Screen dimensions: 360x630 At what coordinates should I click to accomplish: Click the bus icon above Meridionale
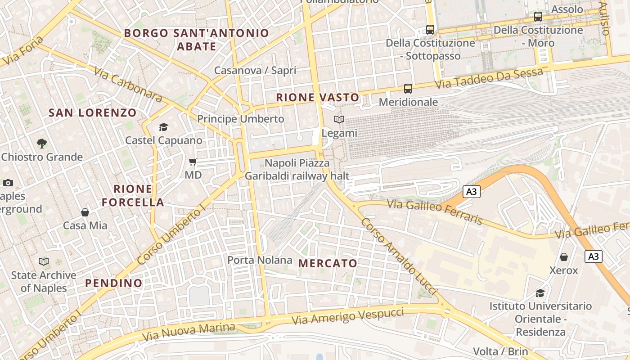[408, 88]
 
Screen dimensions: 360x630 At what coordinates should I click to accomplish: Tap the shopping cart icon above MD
[193, 162]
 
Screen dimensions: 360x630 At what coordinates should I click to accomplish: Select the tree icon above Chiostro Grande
[42, 144]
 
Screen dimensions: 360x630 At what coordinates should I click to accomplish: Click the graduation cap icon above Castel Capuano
[163, 127]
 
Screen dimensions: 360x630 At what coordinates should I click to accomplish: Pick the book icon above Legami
[339, 120]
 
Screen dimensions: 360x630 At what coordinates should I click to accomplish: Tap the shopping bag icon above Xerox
[563, 257]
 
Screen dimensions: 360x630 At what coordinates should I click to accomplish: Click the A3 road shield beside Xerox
[594, 256]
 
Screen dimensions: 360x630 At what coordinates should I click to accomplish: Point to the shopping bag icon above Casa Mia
[85, 212]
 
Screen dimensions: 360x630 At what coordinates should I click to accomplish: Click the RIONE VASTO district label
[318, 97]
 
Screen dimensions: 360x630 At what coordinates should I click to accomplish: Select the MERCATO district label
[328, 263]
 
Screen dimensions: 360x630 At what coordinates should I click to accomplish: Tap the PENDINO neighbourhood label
[114, 283]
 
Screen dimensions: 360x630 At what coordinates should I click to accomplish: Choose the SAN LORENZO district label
[92, 112]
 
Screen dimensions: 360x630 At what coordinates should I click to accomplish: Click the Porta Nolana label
[260, 260]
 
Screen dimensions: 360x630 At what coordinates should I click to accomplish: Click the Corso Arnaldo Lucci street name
[398, 256]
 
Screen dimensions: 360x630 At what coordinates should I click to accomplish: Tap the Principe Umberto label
[241, 119]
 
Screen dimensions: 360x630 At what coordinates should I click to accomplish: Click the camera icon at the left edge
[8, 183]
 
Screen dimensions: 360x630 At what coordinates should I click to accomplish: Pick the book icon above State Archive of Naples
[44, 261]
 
